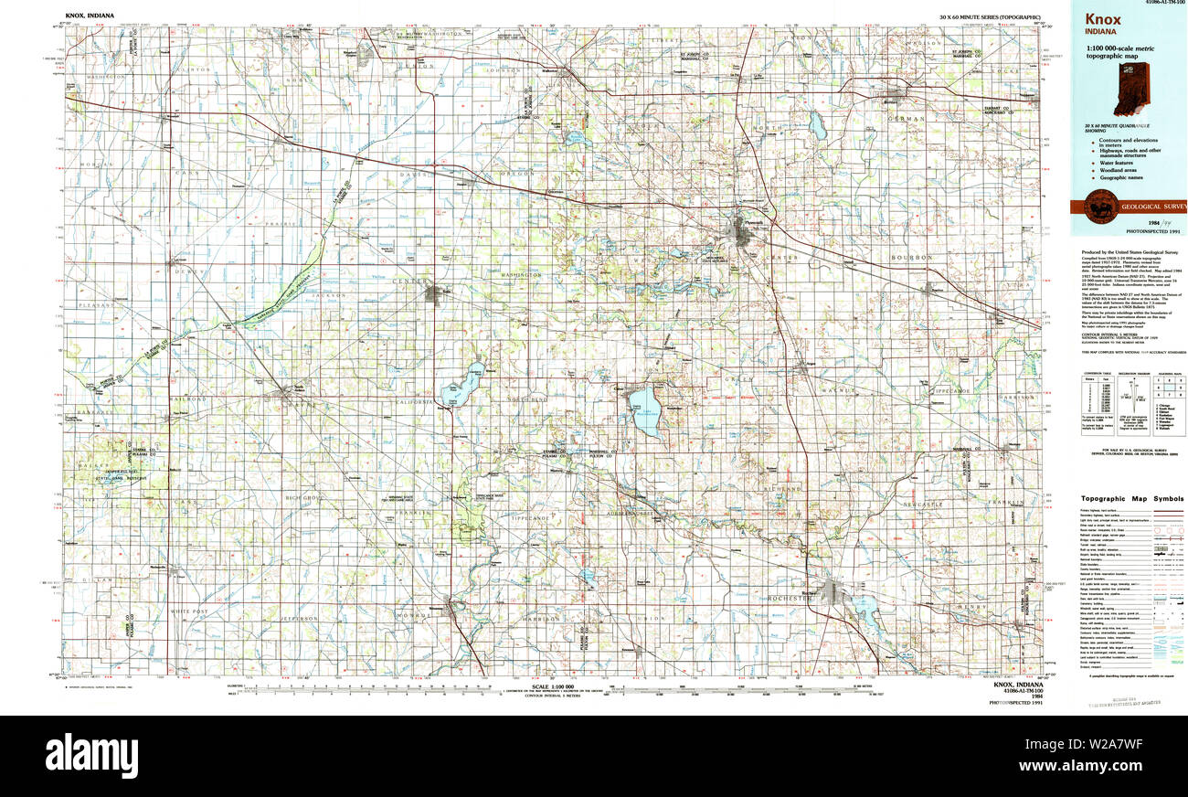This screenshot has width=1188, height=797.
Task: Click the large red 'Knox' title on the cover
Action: pos(1104,20)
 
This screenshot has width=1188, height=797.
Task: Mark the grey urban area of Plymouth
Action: pos(741,233)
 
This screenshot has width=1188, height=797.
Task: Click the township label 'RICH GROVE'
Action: pos(304,498)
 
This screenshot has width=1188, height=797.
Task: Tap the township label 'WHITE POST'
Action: pos(189,611)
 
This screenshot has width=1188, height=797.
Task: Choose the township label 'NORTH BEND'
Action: pos(527,400)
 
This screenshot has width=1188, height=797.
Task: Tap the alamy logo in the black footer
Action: pos(92,756)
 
